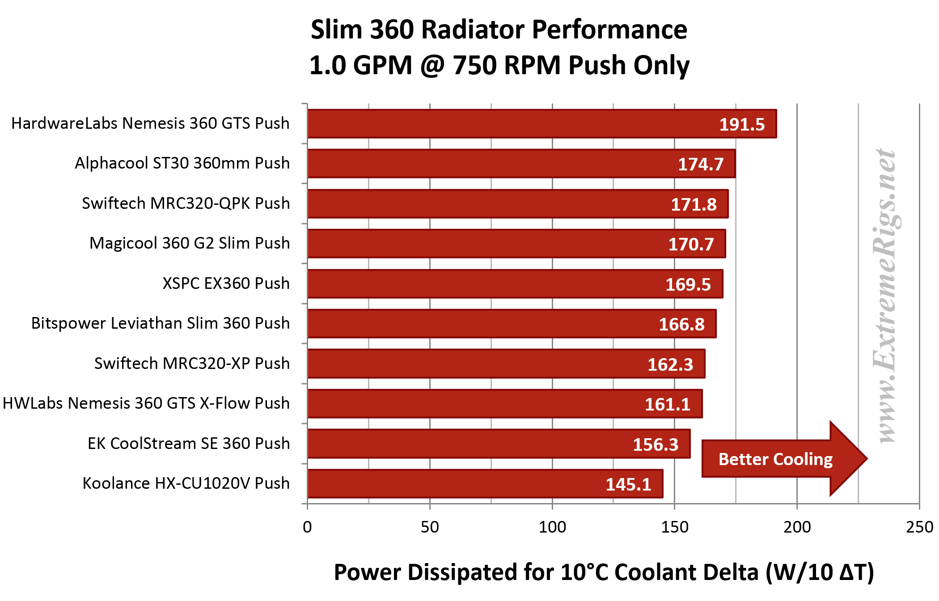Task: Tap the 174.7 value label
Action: click(x=701, y=164)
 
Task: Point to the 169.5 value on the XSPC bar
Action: click(x=688, y=284)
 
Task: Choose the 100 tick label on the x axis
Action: click(x=552, y=527)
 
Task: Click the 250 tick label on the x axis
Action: click(x=919, y=527)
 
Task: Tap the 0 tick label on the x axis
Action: click(x=307, y=527)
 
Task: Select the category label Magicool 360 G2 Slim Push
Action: click(x=190, y=243)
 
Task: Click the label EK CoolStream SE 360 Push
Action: click(x=189, y=444)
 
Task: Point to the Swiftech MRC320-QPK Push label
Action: click(x=186, y=203)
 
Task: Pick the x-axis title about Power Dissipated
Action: click(x=604, y=572)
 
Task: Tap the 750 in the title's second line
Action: click(x=474, y=66)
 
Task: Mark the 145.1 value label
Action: click(x=628, y=485)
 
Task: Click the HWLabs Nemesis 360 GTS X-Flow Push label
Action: click(x=146, y=403)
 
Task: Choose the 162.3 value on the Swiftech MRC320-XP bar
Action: click(x=670, y=364)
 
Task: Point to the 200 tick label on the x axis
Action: click(x=797, y=527)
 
